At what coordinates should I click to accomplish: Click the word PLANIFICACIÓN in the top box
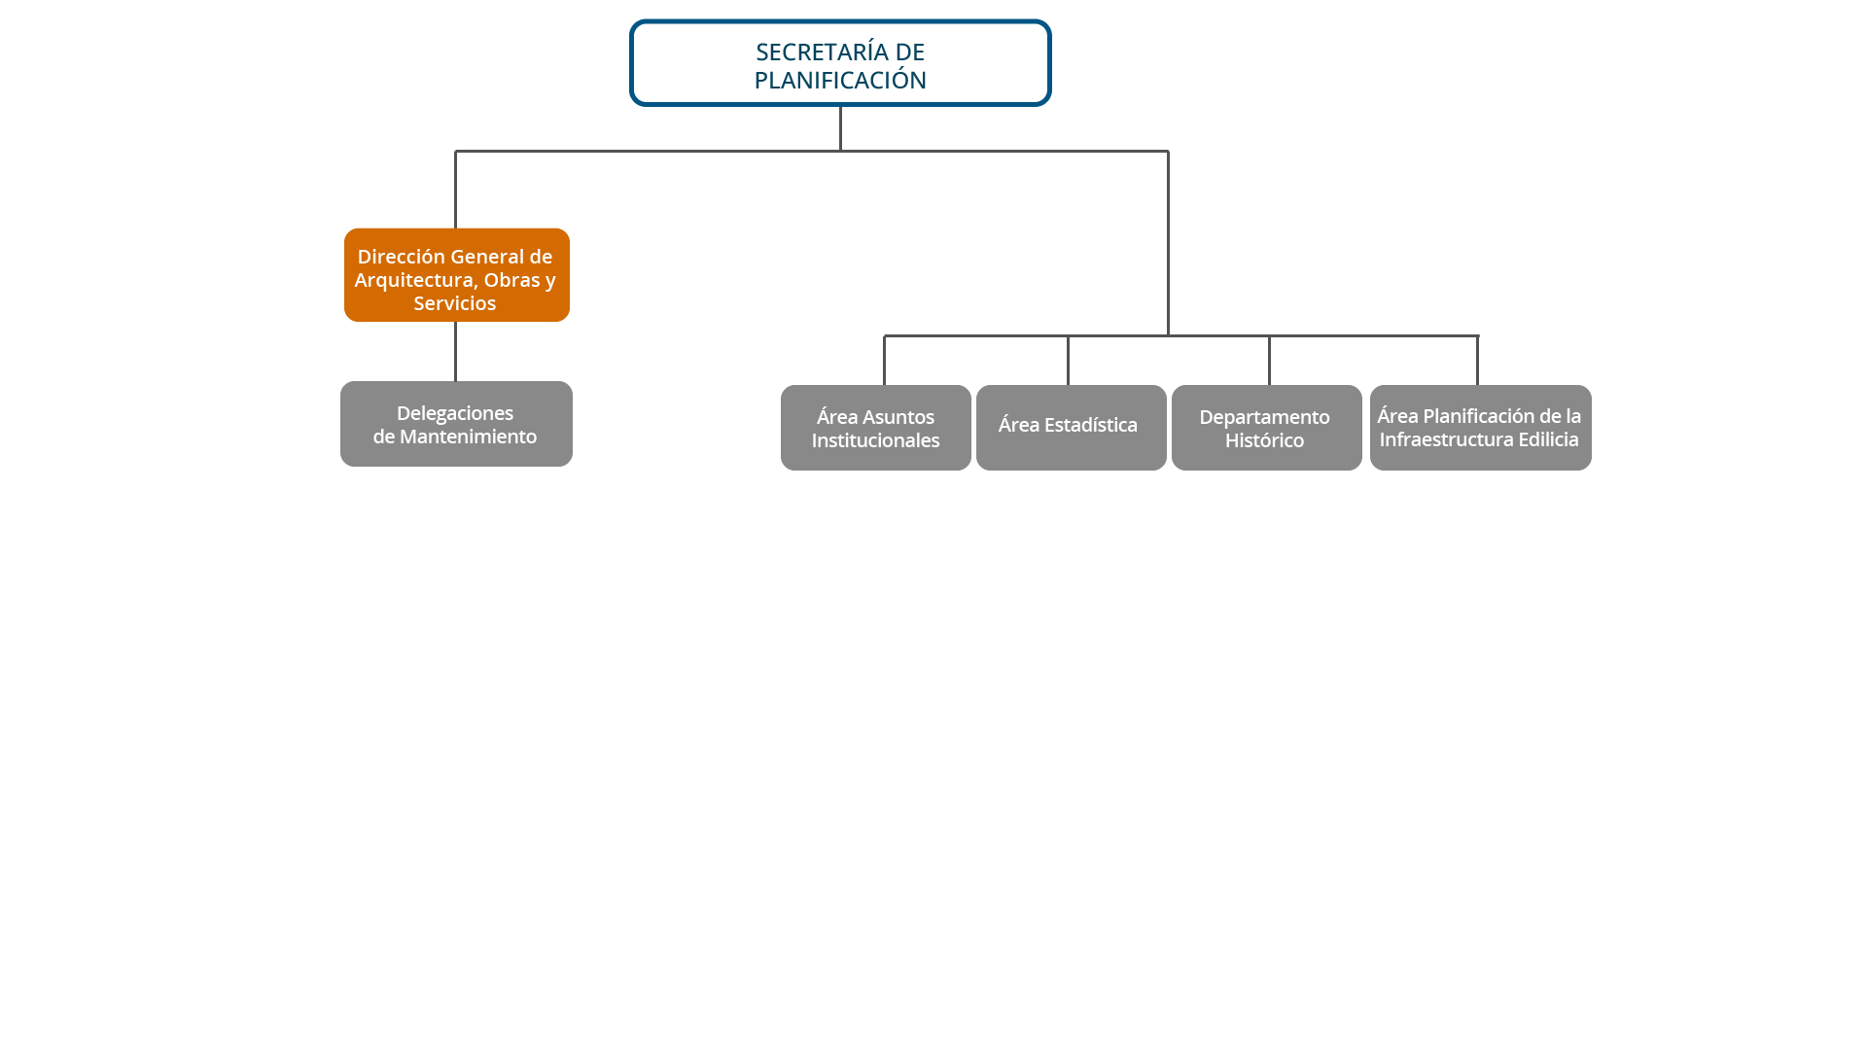[840, 80]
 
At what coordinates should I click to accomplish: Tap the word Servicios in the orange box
[454, 303]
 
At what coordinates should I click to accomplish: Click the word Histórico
[1264, 440]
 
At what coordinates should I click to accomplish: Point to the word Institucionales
[875, 440]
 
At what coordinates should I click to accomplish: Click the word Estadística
[1090, 425]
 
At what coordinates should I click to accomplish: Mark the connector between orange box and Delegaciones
[455, 351]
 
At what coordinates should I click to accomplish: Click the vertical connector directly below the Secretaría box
[840, 128]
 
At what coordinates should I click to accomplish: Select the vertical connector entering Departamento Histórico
[1269, 361]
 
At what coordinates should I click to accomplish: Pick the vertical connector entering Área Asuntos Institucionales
[884, 361]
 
